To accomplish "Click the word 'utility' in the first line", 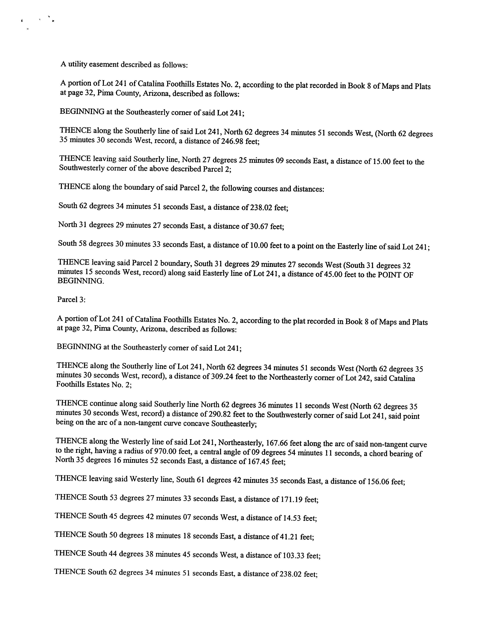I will point(78,64).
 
